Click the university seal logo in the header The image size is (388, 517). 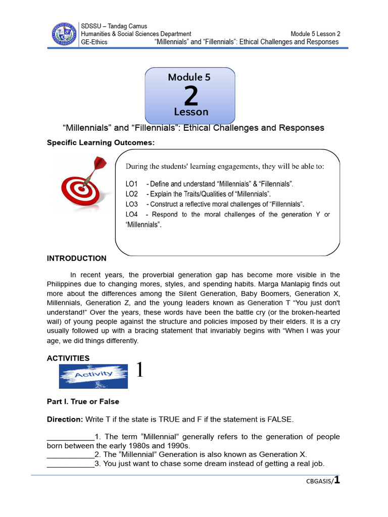[x=64, y=34]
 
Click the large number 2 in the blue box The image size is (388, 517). [x=190, y=95]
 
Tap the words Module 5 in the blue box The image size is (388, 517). [x=189, y=77]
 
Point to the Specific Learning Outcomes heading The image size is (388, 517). [x=101, y=143]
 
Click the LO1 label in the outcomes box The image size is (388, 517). [x=131, y=184]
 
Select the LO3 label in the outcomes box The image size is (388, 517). [x=131, y=204]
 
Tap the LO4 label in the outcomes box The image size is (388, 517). [x=131, y=214]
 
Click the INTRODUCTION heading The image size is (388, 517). [x=77, y=258]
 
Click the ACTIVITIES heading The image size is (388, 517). [x=68, y=358]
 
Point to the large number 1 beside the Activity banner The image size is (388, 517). [x=139, y=371]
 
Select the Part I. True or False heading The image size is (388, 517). [x=83, y=401]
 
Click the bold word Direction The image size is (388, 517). [x=64, y=420]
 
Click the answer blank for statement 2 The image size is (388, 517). [x=71, y=454]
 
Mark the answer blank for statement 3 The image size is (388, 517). [x=71, y=463]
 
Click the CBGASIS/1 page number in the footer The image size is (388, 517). [x=323, y=481]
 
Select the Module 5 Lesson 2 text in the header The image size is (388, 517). [x=315, y=34]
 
